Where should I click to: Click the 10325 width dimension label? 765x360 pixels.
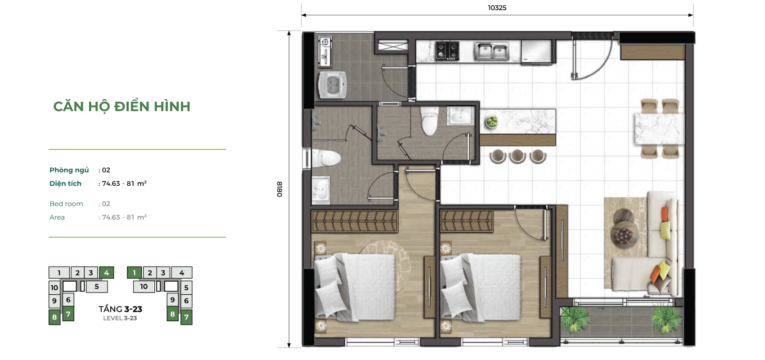point(497,8)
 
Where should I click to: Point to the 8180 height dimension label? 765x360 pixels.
point(280,189)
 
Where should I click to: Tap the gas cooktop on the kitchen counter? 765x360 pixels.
point(447,51)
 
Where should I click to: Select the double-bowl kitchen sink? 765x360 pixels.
point(492,51)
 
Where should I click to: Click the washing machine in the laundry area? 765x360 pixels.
point(332,84)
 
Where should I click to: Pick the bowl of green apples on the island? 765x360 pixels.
point(491,122)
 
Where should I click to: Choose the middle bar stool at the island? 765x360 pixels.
point(517,157)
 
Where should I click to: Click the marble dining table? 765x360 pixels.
point(659,129)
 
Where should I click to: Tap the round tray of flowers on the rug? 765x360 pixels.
point(624,234)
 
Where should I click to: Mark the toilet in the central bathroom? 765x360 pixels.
point(429,121)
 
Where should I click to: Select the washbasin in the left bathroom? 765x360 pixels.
point(321,190)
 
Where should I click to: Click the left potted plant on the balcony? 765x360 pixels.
point(575,319)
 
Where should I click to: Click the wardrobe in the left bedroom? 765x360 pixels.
point(355,221)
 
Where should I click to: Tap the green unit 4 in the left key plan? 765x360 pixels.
point(106,273)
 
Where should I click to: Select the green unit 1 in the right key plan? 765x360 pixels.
point(134,273)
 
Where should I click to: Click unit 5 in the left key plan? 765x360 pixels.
point(97,287)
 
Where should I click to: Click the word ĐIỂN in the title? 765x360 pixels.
point(131,106)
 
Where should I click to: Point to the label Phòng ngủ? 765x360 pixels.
point(69,170)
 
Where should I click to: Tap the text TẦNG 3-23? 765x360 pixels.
point(120,309)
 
